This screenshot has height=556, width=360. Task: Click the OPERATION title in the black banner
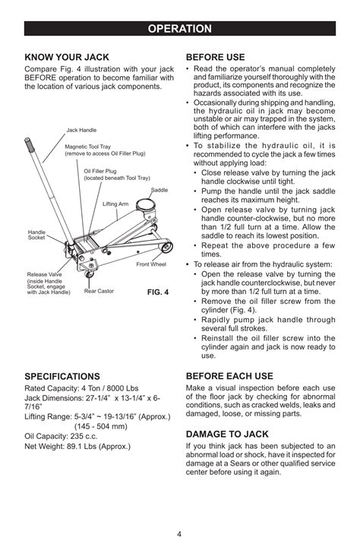point(179,29)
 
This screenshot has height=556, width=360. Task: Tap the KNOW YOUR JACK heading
point(67,57)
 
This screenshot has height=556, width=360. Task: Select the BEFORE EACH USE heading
point(229,376)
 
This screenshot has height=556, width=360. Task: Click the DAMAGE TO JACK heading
point(227,434)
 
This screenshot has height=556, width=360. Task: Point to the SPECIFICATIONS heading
point(62,376)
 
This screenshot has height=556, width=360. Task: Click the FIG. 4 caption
point(158,292)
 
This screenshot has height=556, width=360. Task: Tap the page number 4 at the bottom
point(179,534)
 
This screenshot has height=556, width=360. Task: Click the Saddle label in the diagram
point(159,190)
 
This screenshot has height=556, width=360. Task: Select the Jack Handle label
point(81,130)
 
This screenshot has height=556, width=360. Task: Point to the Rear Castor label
point(99,291)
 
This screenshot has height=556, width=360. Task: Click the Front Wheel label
point(151,264)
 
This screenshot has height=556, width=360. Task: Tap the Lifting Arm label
point(115,204)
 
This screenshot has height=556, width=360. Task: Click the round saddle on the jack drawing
point(145,205)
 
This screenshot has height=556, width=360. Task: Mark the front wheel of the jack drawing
point(166,246)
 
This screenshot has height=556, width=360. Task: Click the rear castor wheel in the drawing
point(89,274)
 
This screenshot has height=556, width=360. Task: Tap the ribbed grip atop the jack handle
point(29,144)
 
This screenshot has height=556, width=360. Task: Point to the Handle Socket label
point(36,235)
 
